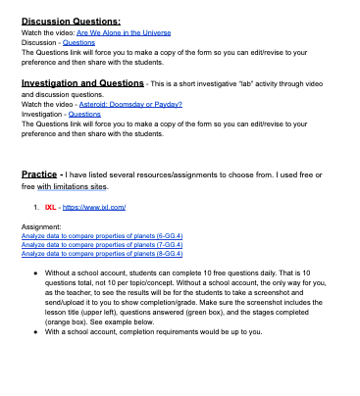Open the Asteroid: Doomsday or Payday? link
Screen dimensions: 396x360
(x=133, y=104)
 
